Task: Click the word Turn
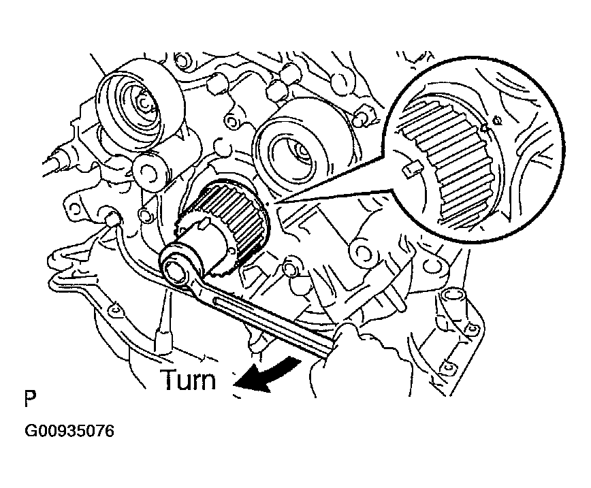click(188, 379)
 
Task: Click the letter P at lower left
click(29, 397)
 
